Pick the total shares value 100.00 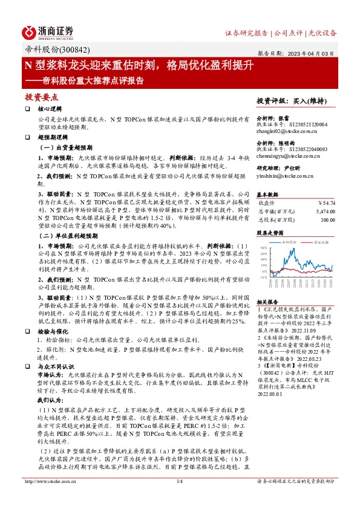pyautogui.click(x=327, y=219)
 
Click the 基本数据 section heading pyautogui.click(x=267, y=195)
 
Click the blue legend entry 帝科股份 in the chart pyautogui.click(x=289, y=241)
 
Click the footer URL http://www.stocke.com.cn pyautogui.click(x=48, y=481)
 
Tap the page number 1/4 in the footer pyautogui.click(x=179, y=481)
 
